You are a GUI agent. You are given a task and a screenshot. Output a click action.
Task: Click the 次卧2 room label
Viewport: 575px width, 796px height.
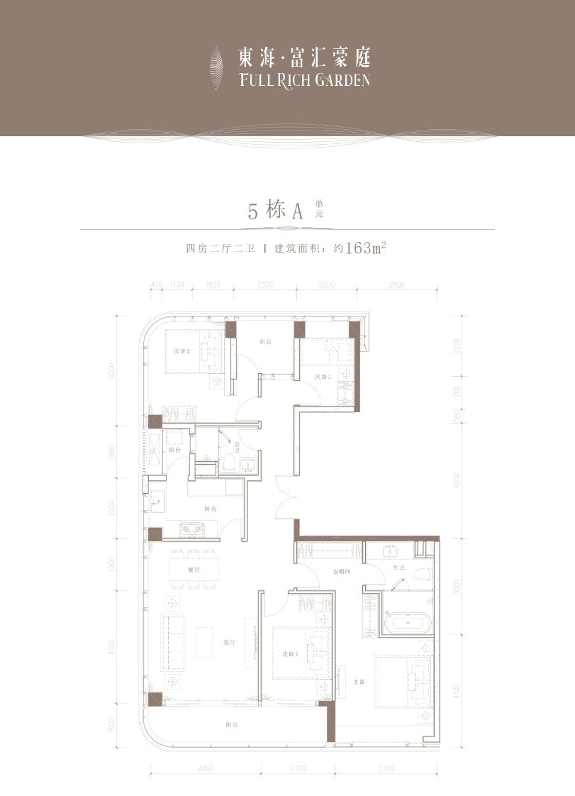182,350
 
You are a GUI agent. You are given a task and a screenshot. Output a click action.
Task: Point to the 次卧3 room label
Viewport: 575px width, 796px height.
323,377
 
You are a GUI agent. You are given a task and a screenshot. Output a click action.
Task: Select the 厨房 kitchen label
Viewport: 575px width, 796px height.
210,509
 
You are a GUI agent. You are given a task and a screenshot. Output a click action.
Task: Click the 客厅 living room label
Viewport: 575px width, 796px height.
229,643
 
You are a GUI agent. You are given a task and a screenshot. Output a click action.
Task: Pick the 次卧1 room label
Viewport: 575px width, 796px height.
288,653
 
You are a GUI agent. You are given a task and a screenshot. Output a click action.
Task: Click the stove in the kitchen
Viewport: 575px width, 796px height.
192,529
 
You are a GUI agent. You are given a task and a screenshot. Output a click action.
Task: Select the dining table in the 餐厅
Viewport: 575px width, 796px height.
194,570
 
